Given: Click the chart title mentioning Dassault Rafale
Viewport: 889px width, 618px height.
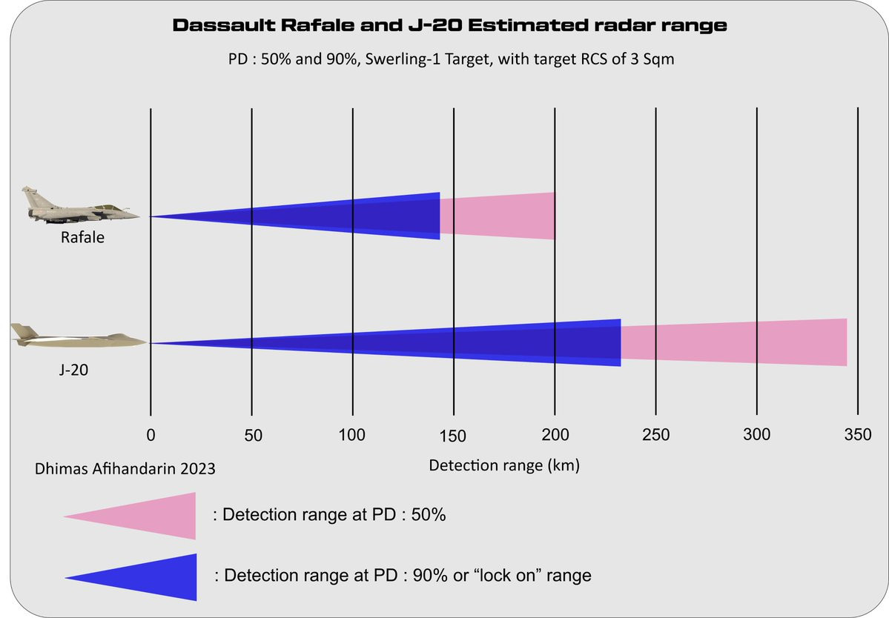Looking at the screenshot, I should tap(449, 26).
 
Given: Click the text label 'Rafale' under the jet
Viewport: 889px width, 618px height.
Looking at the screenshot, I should tap(83, 238).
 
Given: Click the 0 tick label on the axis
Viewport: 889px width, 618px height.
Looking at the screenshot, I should tap(151, 435).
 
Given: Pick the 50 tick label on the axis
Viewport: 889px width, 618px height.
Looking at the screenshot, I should tap(253, 435).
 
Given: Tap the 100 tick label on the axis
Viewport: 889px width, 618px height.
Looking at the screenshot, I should tap(352, 435).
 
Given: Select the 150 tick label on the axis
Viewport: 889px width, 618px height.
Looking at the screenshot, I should tap(454, 435).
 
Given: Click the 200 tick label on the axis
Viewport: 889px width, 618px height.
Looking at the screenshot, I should tap(555, 435).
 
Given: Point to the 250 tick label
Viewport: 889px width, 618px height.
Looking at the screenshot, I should tap(655, 435).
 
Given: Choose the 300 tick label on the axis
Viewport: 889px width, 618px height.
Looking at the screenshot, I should tap(756, 435).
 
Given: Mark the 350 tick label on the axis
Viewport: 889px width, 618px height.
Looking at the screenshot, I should tap(857, 435).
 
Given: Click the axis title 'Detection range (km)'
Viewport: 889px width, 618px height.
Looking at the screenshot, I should tap(504, 466).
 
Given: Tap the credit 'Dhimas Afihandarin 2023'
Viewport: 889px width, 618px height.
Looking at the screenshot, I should tap(125, 468).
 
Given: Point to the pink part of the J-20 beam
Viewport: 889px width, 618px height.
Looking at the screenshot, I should tap(734, 342).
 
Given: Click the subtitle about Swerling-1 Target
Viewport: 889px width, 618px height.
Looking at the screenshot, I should tap(451, 60).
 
